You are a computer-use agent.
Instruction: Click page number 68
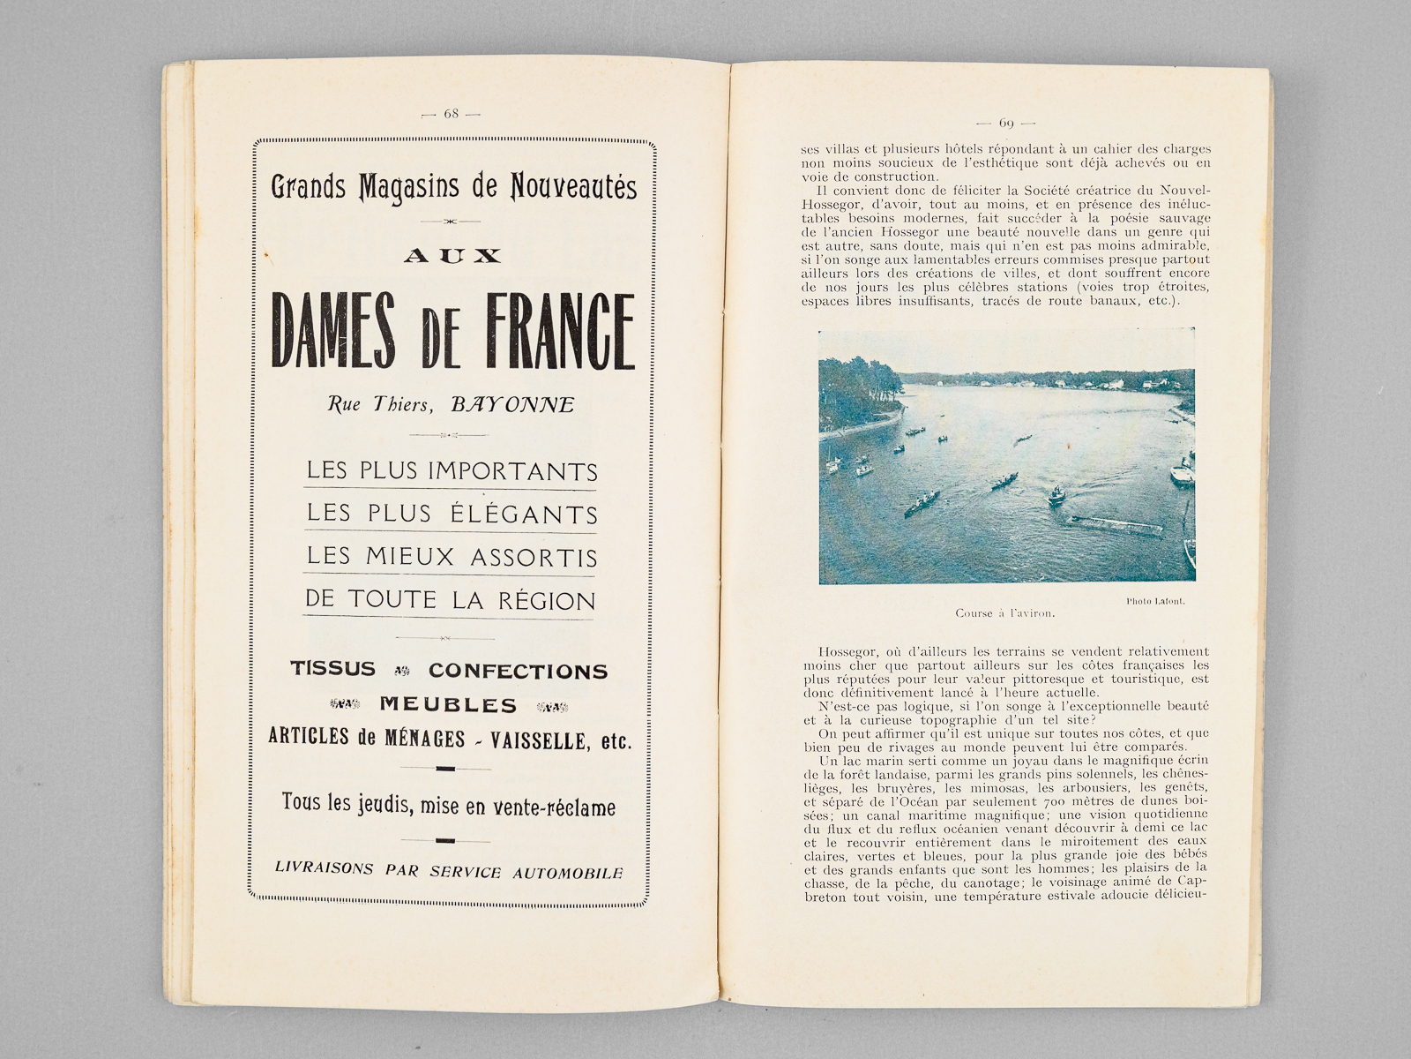[x=452, y=114]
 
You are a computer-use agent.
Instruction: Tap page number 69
[x=1006, y=123]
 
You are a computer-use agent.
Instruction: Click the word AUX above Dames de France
[x=452, y=256]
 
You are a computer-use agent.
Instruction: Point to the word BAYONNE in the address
[x=512, y=405]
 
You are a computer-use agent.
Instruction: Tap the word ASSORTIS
[x=534, y=557]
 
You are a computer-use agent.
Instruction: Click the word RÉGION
[x=547, y=600]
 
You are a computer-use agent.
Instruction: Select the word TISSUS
[x=333, y=669]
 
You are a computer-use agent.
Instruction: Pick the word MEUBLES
[x=448, y=704]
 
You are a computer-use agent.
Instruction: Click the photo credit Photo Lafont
[x=1154, y=601]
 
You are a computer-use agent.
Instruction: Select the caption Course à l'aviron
[x=1004, y=612]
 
